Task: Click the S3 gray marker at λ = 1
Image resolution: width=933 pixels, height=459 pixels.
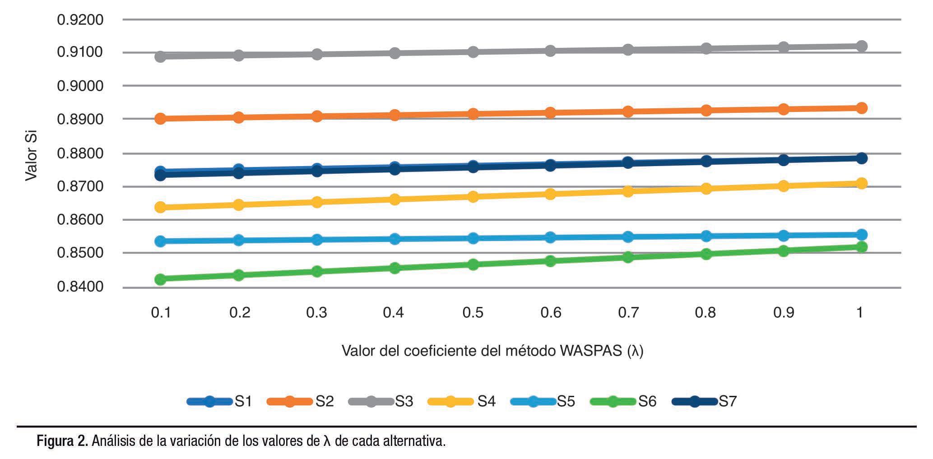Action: click(861, 46)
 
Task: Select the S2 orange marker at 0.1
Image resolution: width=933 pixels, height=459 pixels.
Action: click(160, 119)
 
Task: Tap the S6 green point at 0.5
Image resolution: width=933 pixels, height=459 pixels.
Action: click(473, 264)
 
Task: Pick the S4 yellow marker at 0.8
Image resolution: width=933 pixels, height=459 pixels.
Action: click(706, 188)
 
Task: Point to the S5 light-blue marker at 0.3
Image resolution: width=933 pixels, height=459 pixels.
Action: click(316, 239)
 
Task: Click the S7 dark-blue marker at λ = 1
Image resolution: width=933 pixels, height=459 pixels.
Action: click(861, 158)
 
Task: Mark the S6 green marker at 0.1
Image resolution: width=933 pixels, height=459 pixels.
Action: click(160, 279)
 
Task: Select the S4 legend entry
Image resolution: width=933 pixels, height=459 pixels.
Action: click(462, 401)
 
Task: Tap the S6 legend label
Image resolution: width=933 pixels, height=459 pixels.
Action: click(647, 401)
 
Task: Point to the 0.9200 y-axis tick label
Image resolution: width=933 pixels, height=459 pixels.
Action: click(80, 20)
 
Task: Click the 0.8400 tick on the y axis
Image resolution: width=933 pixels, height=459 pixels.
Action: click(80, 287)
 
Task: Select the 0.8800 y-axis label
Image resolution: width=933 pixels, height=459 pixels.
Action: click(80, 153)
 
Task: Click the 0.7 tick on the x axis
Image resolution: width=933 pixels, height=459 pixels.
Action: click(628, 312)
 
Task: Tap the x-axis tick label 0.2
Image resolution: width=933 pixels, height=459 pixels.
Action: click(239, 312)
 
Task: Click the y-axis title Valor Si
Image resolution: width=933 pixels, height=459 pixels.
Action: click(31, 156)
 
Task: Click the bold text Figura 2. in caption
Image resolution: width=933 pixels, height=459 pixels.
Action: click(63, 440)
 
